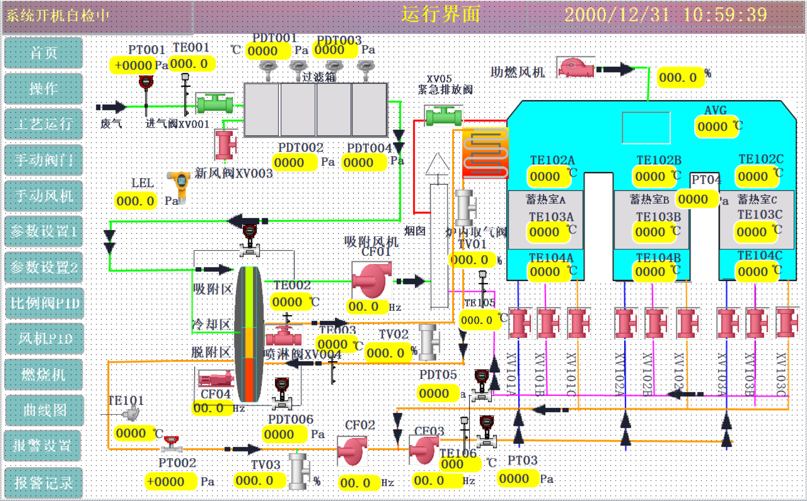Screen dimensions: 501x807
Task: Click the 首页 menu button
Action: (x=44, y=53)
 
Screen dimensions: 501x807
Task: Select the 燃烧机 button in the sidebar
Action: (x=44, y=374)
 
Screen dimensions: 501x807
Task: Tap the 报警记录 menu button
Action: (x=44, y=483)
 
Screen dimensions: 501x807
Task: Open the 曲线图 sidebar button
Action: (x=44, y=410)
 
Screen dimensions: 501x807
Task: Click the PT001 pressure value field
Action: (x=133, y=65)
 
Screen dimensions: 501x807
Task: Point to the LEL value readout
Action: (x=135, y=201)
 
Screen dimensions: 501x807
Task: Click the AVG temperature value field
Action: (x=713, y=127)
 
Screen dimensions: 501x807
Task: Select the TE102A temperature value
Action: (x=545, y=177)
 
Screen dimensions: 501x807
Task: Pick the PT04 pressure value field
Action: (x=693, y=199)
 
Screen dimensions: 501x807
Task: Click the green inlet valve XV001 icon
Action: (x=215, y=104)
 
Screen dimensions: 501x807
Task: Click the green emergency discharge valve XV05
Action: (x=444, y=116)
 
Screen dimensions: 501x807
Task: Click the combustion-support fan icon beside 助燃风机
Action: (x=576, y=67)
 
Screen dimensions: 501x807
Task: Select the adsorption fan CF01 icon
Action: (x=371, y=280)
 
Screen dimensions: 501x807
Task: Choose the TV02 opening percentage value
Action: (x=386, y=353)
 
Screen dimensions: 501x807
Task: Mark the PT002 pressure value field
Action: (x=166, y=482)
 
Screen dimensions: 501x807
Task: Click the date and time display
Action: (x=665, y=15)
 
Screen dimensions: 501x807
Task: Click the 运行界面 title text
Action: (x=441, y=14)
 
